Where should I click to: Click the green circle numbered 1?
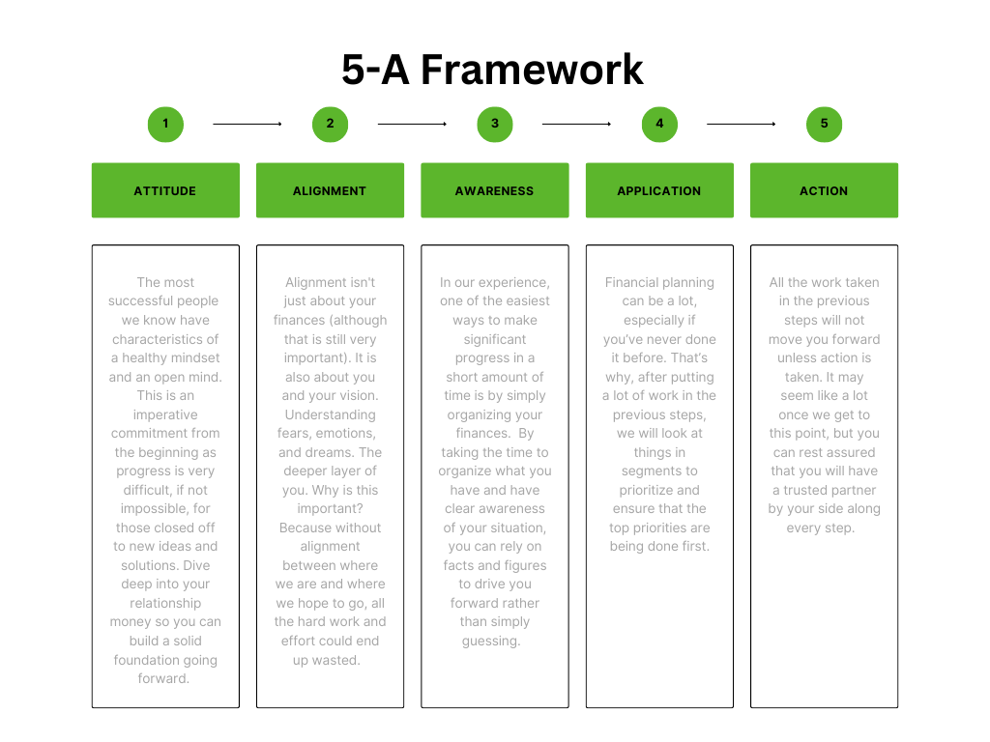point(165,125)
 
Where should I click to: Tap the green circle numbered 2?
point(331,125)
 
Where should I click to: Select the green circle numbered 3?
point(495,125)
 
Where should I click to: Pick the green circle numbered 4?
point(659,125)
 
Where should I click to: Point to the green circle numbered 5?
point(824,125)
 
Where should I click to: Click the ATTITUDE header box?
point(165,190)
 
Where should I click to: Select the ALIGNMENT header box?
point(331,190)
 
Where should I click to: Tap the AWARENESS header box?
point(495,190)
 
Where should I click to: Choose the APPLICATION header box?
point(659,190)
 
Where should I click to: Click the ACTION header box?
point(824,190)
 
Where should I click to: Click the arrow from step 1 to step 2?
point(247,125)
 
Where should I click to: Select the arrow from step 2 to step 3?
point(412,125)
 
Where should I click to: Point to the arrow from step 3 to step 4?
point(577,125)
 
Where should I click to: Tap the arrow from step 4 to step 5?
point(742,125)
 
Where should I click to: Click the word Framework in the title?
point(532,70)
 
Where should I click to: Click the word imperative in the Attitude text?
point(165,414)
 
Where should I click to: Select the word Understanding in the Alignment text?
point(331,414)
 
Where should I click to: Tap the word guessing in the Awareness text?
point(491,642)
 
